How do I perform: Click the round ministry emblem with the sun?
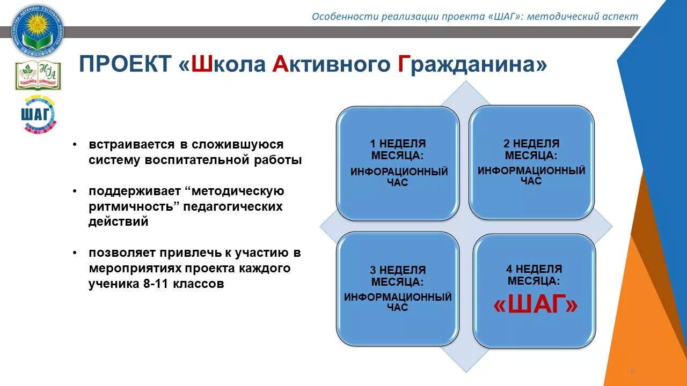coord(38,30)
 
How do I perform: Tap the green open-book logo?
coord(38,75)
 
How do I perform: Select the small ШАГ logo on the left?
coord(38,114)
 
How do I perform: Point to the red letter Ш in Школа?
coord(201,65)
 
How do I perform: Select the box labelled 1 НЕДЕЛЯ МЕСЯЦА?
coord(398,163)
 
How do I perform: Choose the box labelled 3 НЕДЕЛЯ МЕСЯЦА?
coord(398,288)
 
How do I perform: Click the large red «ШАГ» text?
coord(535,305)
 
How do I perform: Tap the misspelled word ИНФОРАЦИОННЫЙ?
coord(399,172)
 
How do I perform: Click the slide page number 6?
coord(632,371)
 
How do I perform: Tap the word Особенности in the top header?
coord(345,16)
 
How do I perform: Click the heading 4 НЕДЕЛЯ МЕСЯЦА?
coord(534,274)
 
